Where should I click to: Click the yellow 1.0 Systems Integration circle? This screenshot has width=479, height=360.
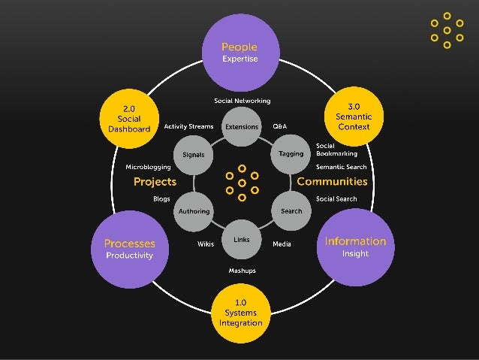[x=241, y=312]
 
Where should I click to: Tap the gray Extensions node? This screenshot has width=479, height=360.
[x=242, y=127]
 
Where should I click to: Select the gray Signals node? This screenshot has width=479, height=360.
[x=194, y=155]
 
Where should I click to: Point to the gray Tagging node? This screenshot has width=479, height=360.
[x=291, y=154]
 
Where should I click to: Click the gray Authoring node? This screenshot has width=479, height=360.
[x=194, y=211]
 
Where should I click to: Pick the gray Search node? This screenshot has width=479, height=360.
[x=291, y=211]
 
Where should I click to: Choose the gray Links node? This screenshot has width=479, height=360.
[x=242, y=240]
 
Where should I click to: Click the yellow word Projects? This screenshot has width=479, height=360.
[x=155, y=182]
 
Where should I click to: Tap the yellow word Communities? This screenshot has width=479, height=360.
[x=332, y=182]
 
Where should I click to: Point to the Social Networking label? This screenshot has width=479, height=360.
[x=242, y=101]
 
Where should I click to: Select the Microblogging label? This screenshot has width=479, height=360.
[x=148, y=167]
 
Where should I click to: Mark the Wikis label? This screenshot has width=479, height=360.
[x=206, y=244]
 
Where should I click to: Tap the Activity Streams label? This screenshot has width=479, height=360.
[x=188, y=127]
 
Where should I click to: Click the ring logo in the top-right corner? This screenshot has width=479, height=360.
[x=447, y=30]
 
